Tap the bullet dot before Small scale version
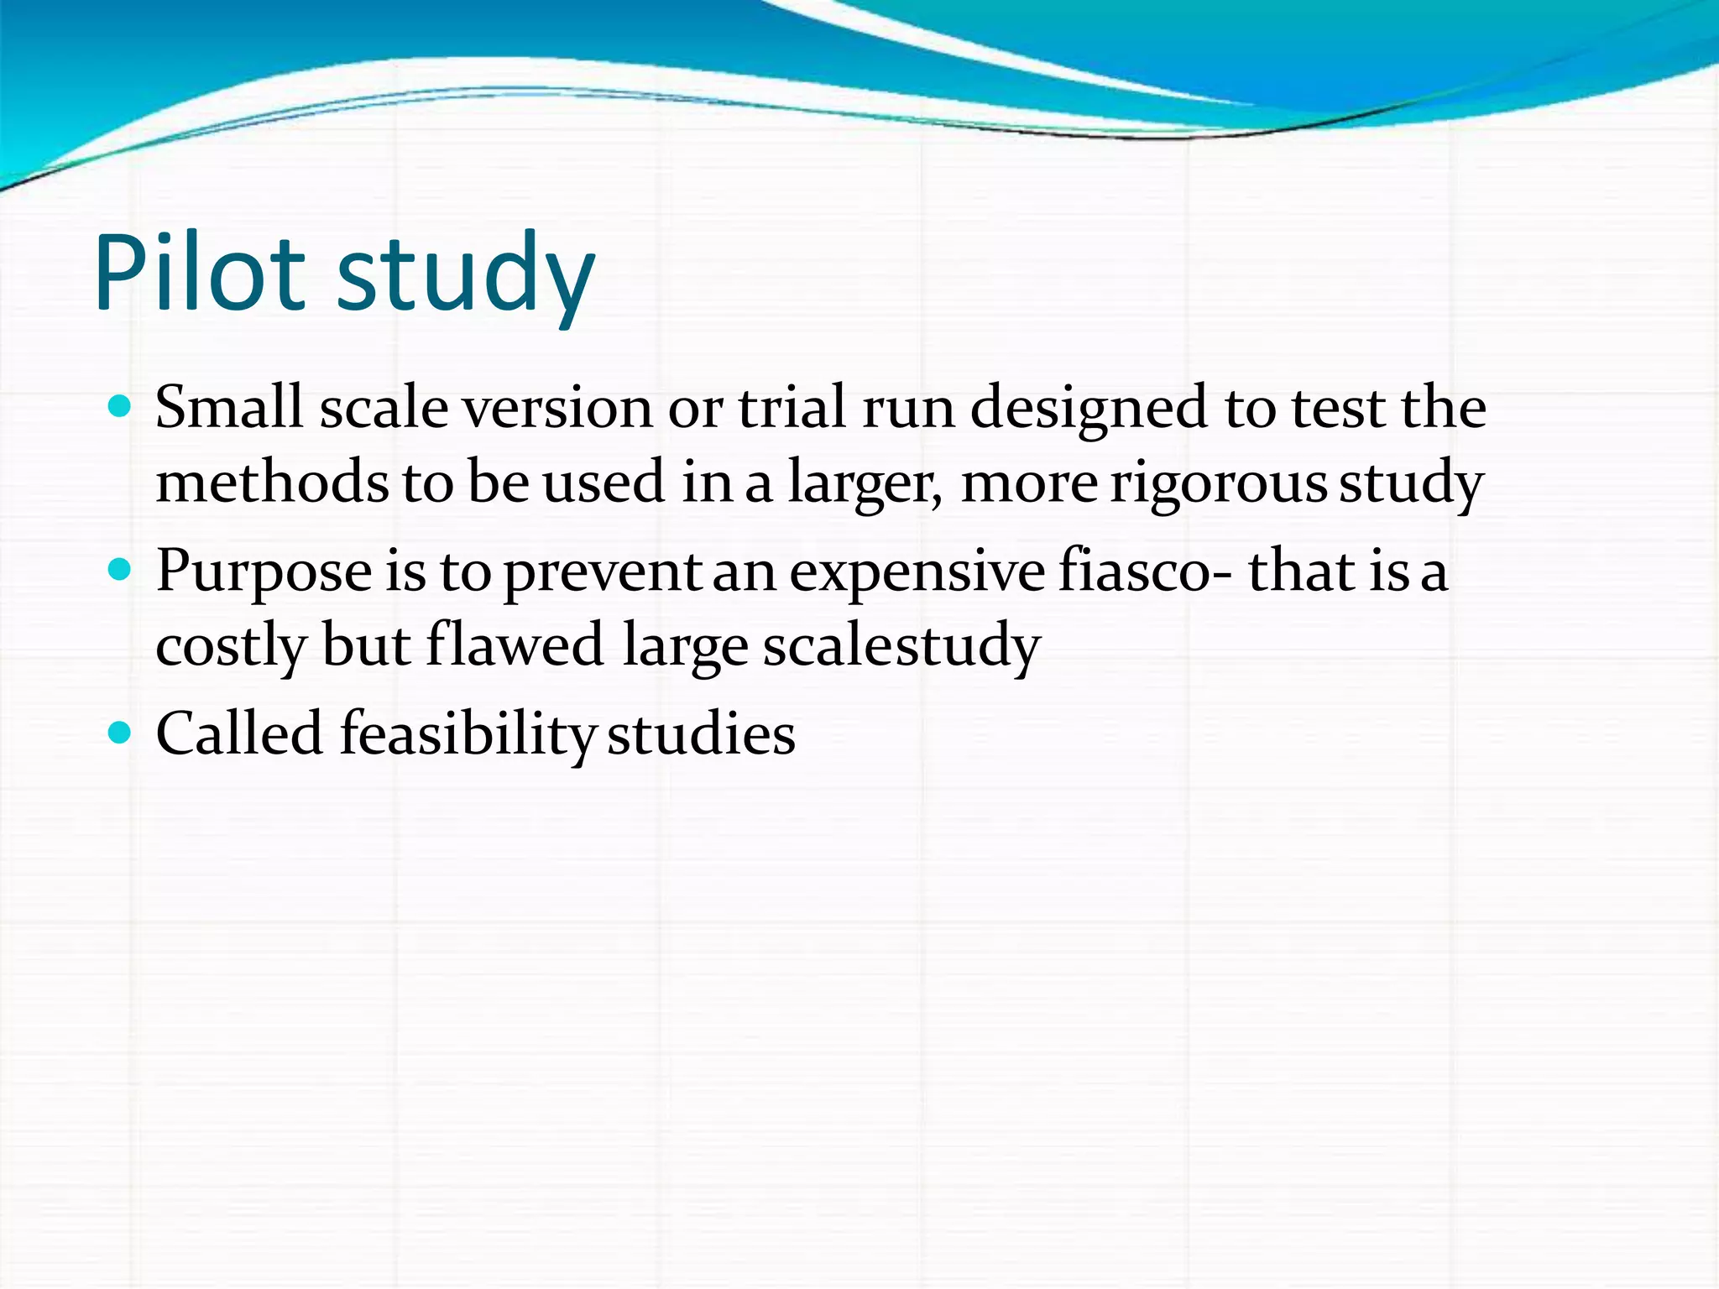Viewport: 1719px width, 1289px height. [121, 408]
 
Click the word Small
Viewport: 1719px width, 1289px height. [229, 408]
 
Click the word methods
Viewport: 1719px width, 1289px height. [273, 482]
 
